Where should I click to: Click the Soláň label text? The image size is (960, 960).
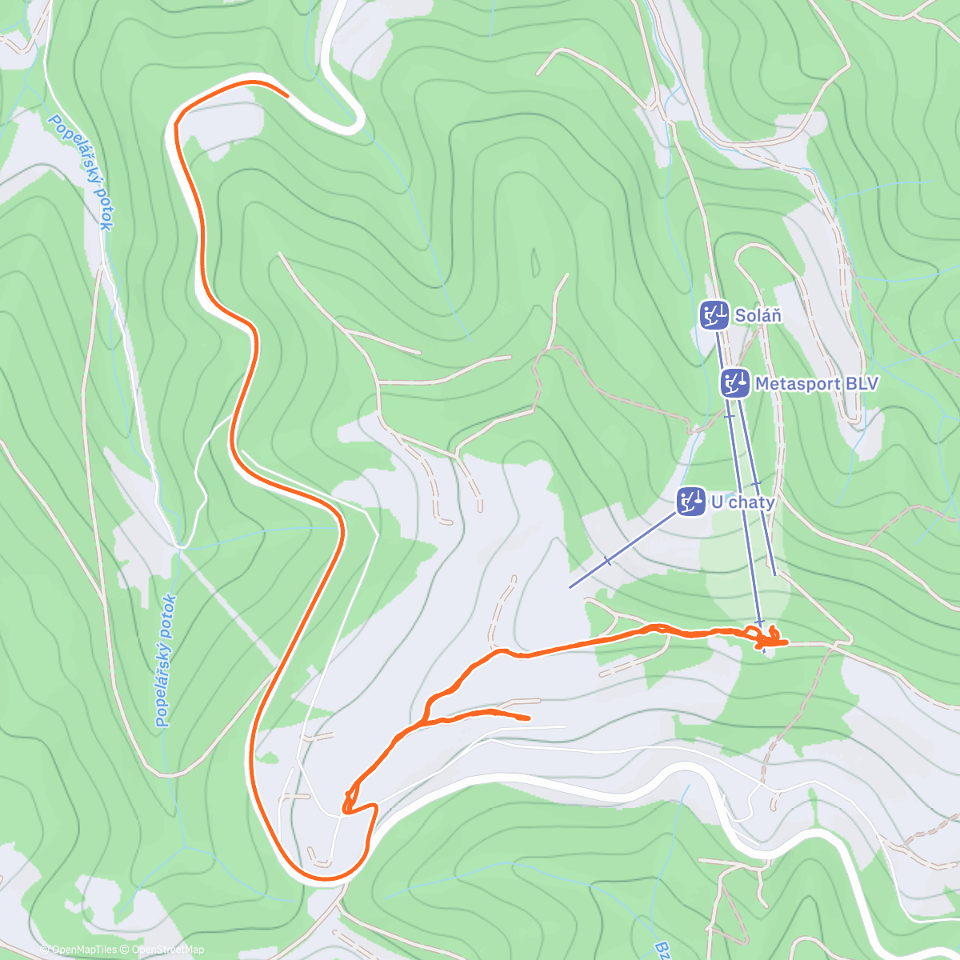click(x=758, y=315)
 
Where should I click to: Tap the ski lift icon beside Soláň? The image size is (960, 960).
click(x=713, y=315)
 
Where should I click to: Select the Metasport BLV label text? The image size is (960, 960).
click(x=816, y=384)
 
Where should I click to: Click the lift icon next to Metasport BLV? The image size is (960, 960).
click(x=734, y=384)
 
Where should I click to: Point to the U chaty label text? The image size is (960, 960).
click(x=742, y=502)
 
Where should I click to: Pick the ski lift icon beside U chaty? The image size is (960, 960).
click(x=690, y=502)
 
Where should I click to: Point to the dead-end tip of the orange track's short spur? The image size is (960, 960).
click(x=529, y=718)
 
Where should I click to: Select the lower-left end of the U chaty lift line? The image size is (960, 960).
click(x=570, y=587)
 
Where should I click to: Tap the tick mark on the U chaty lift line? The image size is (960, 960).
click(x=607, y=561)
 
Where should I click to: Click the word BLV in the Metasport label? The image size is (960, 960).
click(x=862, y=384)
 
